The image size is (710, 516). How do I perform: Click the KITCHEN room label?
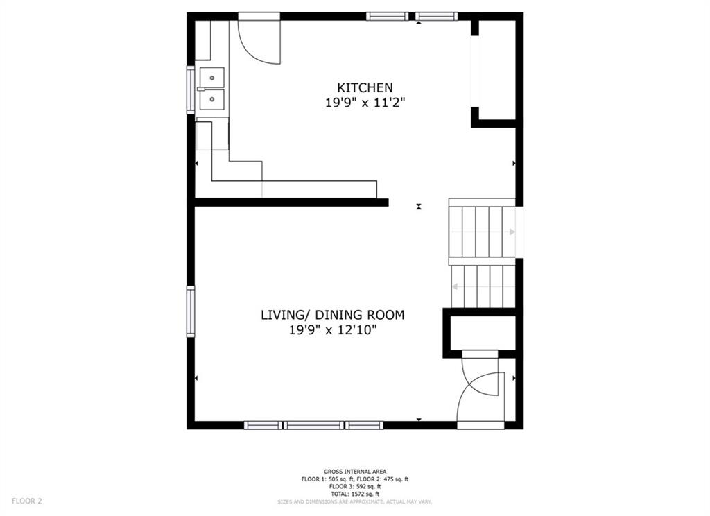[x=365, y=87]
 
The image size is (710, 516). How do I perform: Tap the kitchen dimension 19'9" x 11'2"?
[x=365, y=103]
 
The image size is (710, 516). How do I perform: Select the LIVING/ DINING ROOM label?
[x=332, y=315]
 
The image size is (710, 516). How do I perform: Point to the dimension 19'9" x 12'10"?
[x=332, y=330]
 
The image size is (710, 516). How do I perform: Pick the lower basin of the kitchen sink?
[x=212, y=100]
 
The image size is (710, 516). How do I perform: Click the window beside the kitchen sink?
[x=191, y=89]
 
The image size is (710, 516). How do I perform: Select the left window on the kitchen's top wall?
[x=387, y=16]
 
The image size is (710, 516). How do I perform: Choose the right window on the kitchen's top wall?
[x=437, y=16]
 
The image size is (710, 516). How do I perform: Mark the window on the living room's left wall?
[x=191, y=311]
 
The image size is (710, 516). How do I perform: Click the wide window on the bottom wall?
[x=314, y=425]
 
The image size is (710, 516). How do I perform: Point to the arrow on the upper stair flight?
[x=512, y=232]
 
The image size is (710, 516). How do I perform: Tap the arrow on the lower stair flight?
[x=456, y=286]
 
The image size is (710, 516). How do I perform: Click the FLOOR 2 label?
[x=27, y=500]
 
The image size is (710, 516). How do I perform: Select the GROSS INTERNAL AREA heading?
[x=354, y=471]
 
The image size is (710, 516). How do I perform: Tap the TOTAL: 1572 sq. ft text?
[x=354, y=494]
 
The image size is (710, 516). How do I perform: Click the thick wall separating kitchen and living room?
[x=291, y=203]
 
